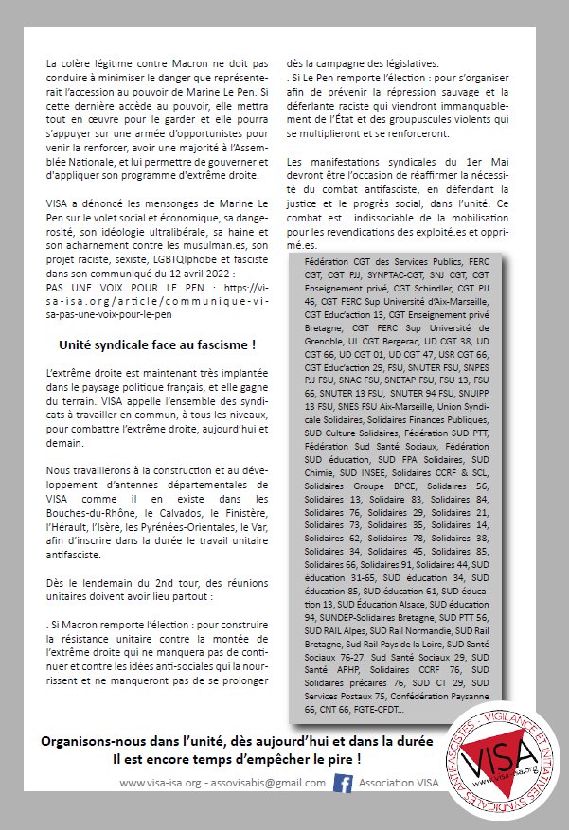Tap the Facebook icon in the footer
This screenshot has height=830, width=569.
pyautogui.click(x=343, y=783)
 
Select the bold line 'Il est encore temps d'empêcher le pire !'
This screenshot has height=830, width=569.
pyautogui.click(x=238, y=758)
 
